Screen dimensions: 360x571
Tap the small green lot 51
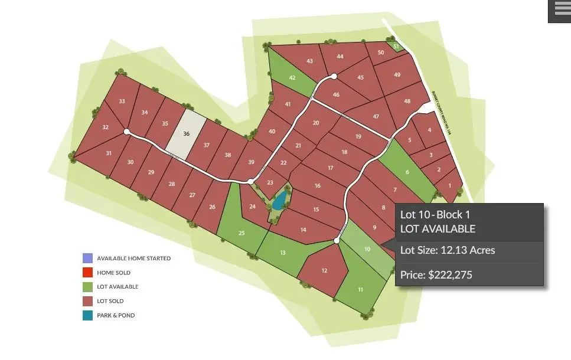[396, 46]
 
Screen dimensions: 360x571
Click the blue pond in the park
[279, 201]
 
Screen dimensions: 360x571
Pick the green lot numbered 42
[291, 77]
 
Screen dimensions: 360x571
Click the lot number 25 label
[241, 233]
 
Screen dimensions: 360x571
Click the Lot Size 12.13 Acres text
[448, 250]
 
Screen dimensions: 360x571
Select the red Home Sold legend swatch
[87, 273]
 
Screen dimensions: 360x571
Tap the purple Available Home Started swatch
[87, 258]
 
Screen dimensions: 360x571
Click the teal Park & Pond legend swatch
[87, 315]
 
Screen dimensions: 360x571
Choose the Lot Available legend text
[118, 287]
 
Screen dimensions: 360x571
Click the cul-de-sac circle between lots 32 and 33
[126, 132]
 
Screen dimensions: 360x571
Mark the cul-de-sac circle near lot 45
[334, 76]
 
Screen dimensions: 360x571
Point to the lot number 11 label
[360, 290]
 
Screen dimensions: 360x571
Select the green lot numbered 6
[407, 172]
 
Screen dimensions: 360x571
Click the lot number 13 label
[283, 253]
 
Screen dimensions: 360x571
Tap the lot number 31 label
[109, 153]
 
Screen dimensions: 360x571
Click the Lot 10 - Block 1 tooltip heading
[435, 214]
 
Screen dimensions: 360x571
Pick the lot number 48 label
[407, 101]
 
